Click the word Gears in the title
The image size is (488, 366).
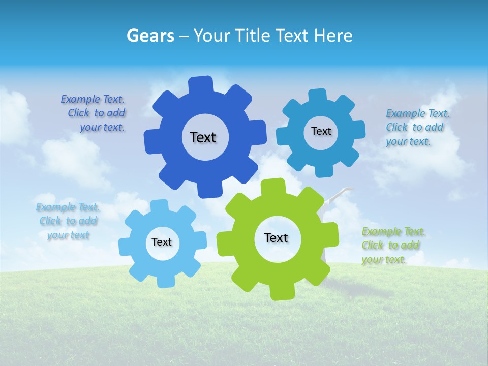click(x=150, y=36)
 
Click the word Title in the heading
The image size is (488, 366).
click(x=252, y=36)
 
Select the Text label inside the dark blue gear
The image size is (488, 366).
click(x=203, y=137)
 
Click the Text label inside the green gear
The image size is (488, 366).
click(x=276, y=238)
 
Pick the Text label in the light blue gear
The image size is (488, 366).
click(x=162, y=242)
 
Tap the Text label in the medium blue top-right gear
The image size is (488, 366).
click(x=321, y=131)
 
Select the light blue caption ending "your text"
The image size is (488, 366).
click(x=68, y=221)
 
